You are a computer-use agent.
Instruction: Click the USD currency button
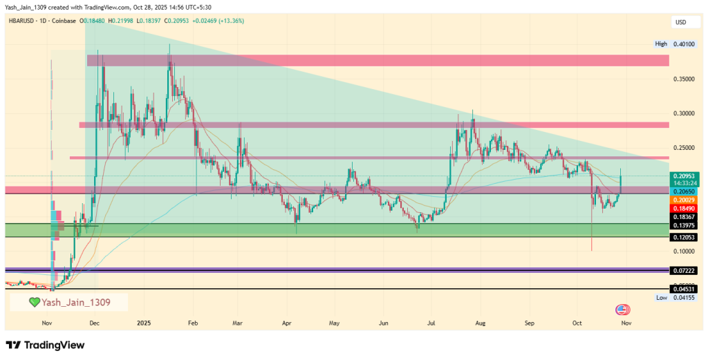pos(680,23)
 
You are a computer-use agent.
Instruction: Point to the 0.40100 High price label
pos(680,44)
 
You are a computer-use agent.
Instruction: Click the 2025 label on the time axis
pos(144,323)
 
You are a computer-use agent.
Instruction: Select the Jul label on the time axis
pos(431,323)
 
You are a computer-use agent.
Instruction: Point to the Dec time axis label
pos(95,323)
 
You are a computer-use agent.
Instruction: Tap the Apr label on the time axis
pos(287,323)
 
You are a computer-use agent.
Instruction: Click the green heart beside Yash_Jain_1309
pos(34,302)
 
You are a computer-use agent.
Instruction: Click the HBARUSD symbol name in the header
pos(23,21)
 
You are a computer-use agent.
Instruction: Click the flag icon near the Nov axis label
pos(622,310)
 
